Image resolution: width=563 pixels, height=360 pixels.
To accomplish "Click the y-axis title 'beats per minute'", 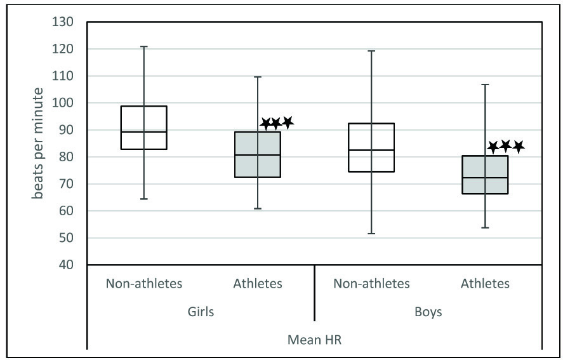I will click(x=39, y=143).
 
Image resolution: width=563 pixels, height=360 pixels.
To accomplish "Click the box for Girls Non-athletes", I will click(x=144, y=128).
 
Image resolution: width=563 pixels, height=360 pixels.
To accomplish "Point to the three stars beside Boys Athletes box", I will click(x=505, y=147).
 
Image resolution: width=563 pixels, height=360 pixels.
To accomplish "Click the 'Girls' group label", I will click(x=201, y=312).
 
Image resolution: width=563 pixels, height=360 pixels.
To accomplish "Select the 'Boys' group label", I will click(x=428, y=312).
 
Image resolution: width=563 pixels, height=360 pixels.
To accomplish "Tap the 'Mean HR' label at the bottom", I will click(x=315, y=341).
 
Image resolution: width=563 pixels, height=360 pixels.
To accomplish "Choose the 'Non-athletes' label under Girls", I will click(x=144, y=284).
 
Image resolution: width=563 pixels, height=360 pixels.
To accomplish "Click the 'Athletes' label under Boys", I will click(x=485, y=284).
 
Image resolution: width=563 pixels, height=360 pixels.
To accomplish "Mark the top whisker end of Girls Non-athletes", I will click(x=144, y=46).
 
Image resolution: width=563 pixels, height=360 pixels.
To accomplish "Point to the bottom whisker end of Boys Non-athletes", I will click(x=371, y=234).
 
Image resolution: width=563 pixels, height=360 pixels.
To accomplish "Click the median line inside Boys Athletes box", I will click(x=485, y=178).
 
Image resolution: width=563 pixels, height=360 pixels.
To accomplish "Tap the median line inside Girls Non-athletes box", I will click(x=144, y=131).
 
